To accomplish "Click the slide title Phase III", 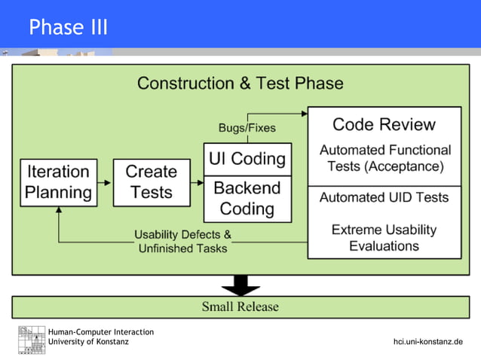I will pos(69,28).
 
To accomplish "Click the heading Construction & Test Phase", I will pos(240,83).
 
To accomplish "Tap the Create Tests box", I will pos(151,182).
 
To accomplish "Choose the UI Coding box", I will pos(247,159).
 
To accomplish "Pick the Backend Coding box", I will pos(247,198).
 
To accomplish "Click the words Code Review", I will pos(384,124).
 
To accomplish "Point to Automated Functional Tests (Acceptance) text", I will pos(384,158).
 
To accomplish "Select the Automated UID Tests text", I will pos(384,197).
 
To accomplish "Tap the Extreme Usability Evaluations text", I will pos(384,237).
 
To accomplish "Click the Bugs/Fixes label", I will pos(247,127).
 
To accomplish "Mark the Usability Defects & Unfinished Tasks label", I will pos(182,241).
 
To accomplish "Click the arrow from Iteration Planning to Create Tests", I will pos(106,182).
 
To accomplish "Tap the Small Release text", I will pos(240,307).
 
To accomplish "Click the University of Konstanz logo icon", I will pos(32,340).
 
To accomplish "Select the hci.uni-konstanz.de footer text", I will pos(427,342).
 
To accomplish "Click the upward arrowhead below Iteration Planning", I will pos(58,210).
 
